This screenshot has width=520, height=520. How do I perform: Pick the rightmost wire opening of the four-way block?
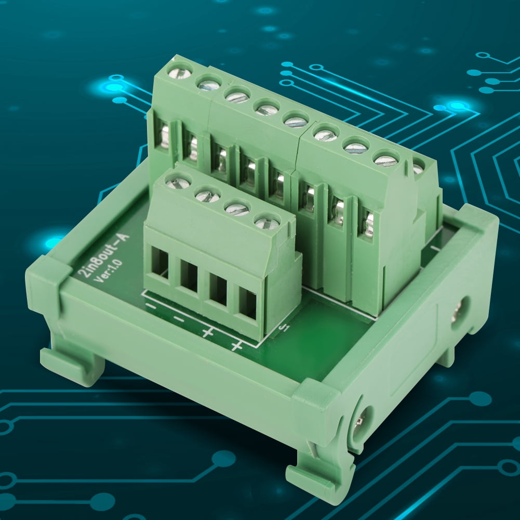pos(248,303)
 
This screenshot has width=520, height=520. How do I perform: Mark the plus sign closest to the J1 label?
pos(237,345)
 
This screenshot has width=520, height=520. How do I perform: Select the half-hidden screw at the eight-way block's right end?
pos(418,168)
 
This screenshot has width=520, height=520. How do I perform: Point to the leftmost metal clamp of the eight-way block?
pos(165,136)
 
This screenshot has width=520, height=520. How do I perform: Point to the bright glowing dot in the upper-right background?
pos(458,106)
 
